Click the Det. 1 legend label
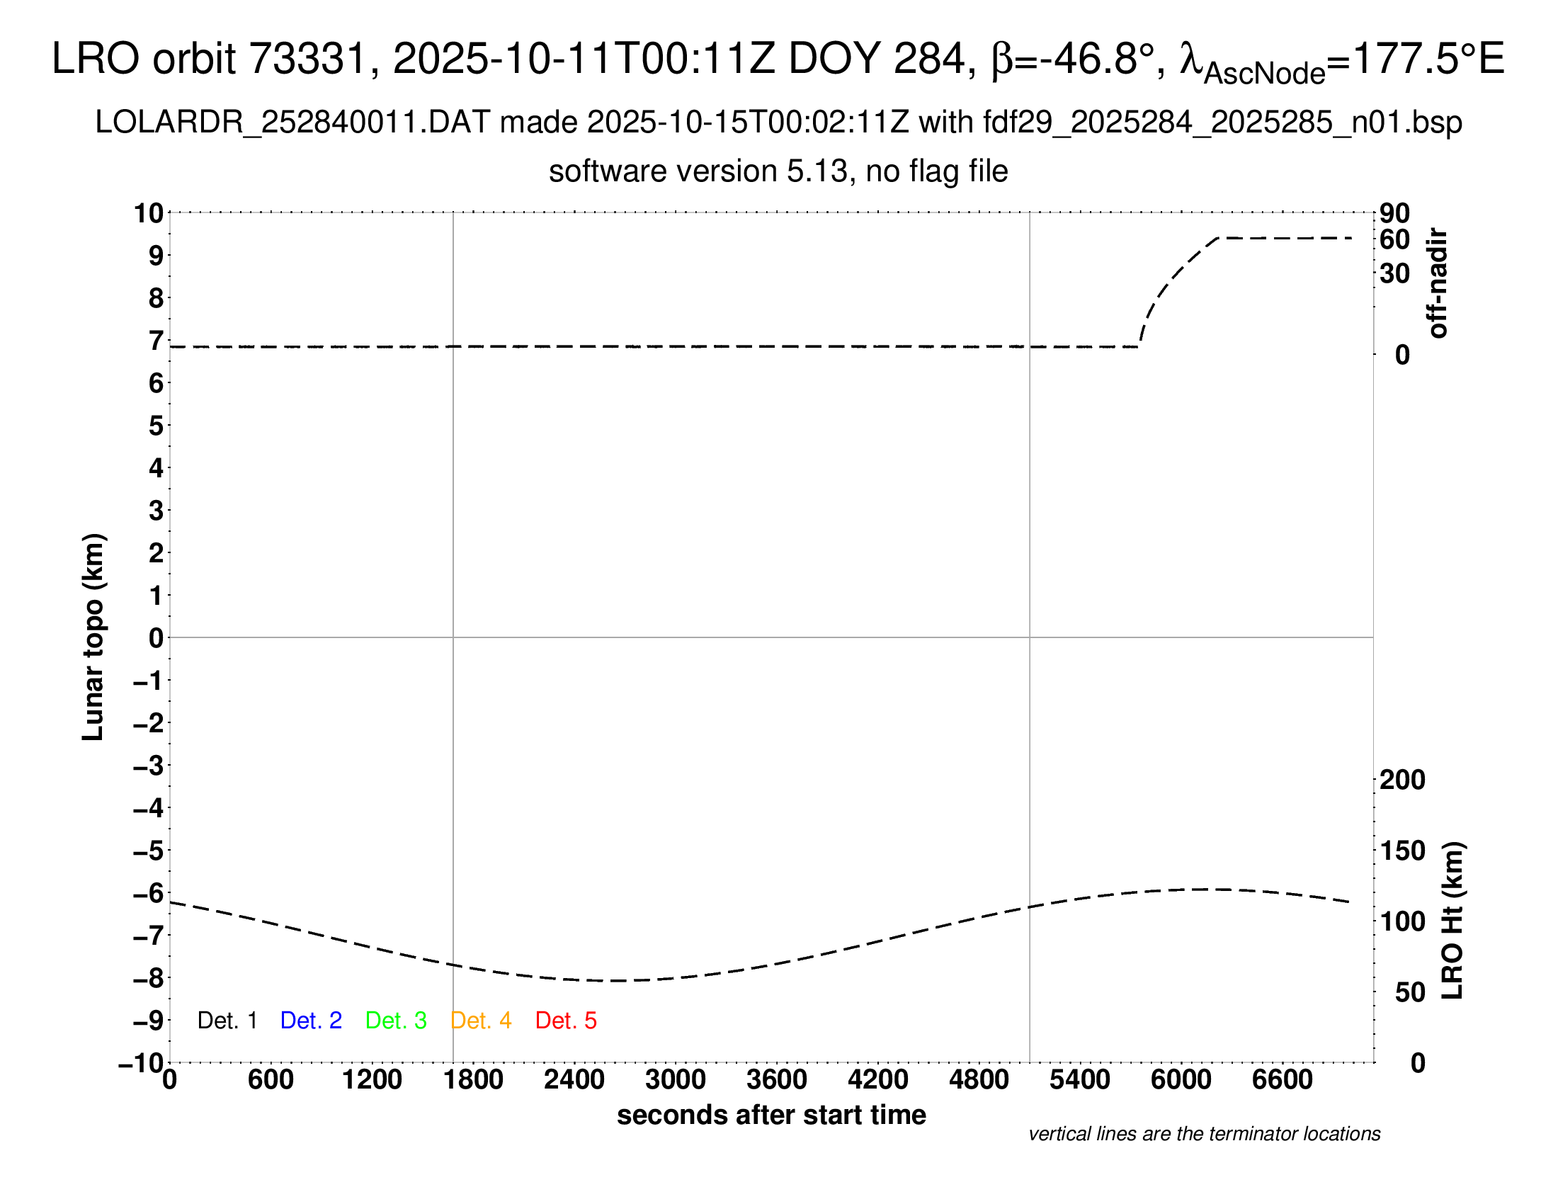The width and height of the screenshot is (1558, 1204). coord(227,1021)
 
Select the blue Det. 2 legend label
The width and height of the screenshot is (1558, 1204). coord(311,1021)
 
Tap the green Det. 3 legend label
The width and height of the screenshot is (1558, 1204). coord(396,1021)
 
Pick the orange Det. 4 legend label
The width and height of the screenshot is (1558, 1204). coord(481,1021)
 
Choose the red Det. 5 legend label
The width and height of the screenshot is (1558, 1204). coord(566,1021)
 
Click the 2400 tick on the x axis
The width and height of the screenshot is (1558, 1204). coord(574,1079)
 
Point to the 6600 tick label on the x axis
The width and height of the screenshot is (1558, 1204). coord(1282,1079)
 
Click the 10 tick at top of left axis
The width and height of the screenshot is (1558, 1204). coord(149,212)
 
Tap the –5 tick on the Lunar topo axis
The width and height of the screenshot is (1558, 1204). coord(149,850)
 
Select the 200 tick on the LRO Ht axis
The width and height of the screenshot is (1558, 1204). coord(1401,780)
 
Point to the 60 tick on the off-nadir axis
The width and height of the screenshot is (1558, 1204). coord(1394,239)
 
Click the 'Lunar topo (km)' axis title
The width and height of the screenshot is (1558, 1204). coord(93,637)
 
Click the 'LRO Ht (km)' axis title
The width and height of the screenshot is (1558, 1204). coord(1452,921)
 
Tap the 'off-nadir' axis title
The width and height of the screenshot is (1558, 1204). coord(1438,283)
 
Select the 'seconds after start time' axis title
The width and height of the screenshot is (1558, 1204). coord(771,1115)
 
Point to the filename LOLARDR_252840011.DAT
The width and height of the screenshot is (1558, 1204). coord(292,123)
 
